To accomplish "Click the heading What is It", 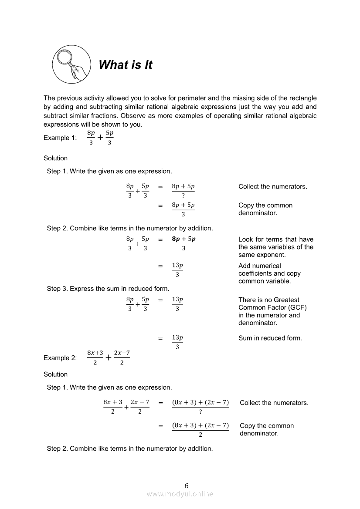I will (x=126, y=65).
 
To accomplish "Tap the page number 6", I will (x=187, y=485).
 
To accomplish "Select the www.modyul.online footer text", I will (x=180, y=494).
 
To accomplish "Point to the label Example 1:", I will (x=60, y=138).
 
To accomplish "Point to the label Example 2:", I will (x=60, y=358).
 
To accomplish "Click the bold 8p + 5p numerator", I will (x=183, y=239).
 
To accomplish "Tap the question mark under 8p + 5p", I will (x=183, y=196).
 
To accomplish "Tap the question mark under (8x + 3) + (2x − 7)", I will (x=200, y=412).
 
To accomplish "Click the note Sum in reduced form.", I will (x=270, y=338).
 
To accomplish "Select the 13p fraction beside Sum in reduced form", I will (x=177, y=342).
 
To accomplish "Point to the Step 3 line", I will (x=108, y=288).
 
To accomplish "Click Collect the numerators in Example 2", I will (x=274, y=403).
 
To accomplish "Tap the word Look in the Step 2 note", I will (x=246, y=239).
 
